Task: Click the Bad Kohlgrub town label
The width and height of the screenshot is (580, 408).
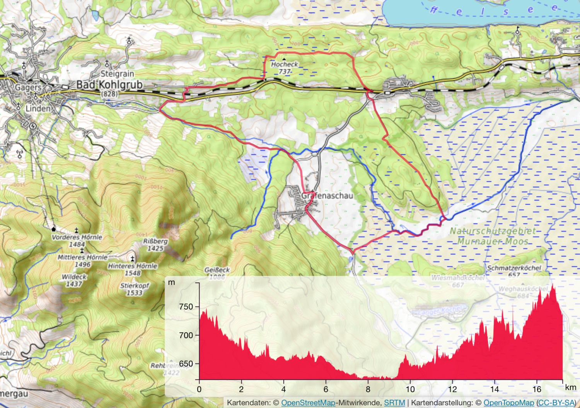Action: tap(109, 85)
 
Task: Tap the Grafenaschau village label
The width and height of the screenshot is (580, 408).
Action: tap(327, 195)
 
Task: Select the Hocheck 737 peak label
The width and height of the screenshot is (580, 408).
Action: tap(285, 68)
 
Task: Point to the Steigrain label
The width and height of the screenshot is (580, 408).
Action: tap(117, 73)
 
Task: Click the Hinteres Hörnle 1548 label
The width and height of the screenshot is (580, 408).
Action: tap(133, 269)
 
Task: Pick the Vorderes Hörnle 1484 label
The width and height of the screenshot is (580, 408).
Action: tap(77, 240)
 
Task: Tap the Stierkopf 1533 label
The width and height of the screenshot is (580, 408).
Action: tap(135, 289)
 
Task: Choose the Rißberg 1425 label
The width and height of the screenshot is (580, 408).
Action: tap(155, 245)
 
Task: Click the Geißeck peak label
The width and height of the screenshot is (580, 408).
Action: tap(217, 270)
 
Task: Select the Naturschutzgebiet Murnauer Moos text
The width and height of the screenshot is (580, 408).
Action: tap(493, 236)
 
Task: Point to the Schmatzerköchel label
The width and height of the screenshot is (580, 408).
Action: tap(514, 268)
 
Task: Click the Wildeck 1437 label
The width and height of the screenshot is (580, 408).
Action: tap(74, 280)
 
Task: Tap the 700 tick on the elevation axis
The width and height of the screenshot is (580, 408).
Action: tap(186, 335)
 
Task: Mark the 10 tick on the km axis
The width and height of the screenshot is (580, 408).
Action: tap(410, 389)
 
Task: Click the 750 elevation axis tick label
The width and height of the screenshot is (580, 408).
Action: tap(186, 306)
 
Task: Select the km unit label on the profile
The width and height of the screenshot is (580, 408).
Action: tap(570, 387)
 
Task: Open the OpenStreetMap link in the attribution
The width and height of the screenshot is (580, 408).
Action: tap(308, 403)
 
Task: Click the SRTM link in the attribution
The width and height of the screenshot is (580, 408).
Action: tap(394, 403)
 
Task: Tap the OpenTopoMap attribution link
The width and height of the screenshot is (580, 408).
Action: tap(508, 403)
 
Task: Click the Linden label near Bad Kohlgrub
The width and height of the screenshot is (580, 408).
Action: tap(38, 109)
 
